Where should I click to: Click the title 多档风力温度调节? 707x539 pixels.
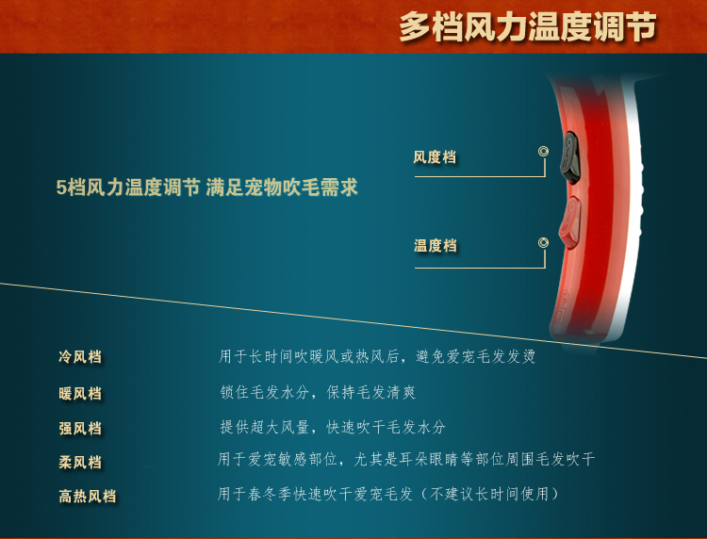527,26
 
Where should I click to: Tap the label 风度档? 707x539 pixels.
435,157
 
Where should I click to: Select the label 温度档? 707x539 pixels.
436,246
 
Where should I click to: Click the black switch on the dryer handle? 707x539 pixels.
570,157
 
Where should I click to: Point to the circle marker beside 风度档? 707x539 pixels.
543,152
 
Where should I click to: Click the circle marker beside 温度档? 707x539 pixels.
543,243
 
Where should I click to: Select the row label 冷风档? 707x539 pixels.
80,357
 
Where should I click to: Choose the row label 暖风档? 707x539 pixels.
80,394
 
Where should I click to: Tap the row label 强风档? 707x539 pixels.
80,428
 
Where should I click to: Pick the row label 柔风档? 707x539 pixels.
80,462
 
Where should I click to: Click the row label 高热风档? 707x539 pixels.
87,497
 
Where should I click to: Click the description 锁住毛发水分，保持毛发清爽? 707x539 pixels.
318,392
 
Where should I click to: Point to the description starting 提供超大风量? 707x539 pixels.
333,427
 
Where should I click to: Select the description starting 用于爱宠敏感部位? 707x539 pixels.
405,459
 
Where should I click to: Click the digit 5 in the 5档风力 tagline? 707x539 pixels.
61,188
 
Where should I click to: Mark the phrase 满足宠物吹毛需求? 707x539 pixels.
282,187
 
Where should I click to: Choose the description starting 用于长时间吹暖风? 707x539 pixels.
376,356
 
